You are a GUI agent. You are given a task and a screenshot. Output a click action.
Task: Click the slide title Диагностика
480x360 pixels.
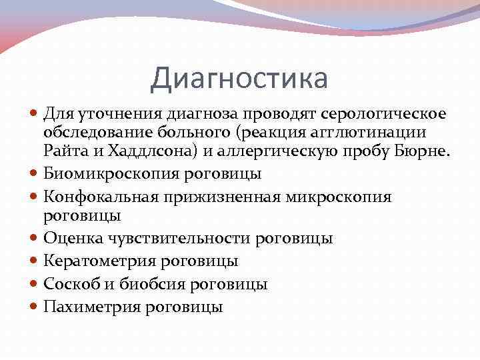(239, 78)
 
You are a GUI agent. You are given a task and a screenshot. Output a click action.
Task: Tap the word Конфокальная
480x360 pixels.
(98, 197)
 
